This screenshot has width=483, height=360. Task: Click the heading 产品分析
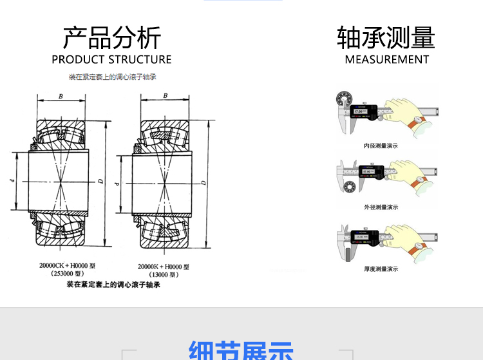(111, 38)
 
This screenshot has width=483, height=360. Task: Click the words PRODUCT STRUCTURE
(111, 60)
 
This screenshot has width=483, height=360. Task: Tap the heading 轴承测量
(386, 38)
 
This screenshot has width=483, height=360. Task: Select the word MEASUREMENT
(386, 60)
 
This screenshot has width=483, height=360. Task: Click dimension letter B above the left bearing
(61, 96)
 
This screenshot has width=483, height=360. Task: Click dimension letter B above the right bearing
(166, 96)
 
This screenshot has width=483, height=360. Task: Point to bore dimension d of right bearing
(117, 184)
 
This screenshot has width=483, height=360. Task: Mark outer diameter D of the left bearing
(100, 182)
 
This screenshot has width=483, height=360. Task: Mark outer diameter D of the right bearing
(203, 184)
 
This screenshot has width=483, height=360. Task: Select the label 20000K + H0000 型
(164, 266)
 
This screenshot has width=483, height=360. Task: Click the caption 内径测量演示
(381, 146)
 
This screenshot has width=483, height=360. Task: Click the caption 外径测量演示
(381, 207)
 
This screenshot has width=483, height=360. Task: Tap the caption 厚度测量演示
(381, 269)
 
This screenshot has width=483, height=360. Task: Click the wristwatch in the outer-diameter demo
(419, 182)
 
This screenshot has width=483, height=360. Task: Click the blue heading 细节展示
(241, 351)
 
